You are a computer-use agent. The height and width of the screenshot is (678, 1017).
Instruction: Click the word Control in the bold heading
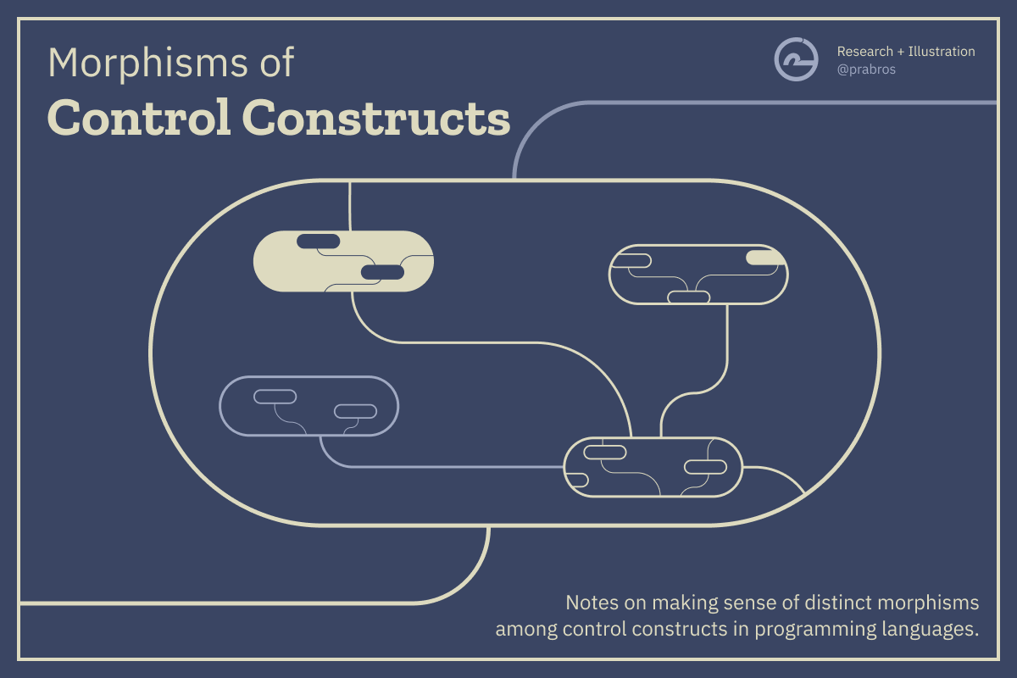[139, 118]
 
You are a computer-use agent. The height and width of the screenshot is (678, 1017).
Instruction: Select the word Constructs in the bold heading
[376, 118]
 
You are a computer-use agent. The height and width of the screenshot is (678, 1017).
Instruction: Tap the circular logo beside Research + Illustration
[796, 59]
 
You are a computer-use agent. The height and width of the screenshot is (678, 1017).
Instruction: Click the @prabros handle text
[866, 69]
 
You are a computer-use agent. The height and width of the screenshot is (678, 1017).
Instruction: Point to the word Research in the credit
[865, 52]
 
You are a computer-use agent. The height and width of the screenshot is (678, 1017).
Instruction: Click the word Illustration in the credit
[942, 52]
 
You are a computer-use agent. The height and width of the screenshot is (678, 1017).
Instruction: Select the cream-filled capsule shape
[343, 261]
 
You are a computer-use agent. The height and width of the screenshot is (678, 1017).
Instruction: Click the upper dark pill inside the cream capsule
[319, 242]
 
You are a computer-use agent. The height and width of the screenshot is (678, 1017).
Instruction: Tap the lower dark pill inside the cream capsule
[382, 273]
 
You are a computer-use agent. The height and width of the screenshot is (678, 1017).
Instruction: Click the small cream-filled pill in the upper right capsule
[765, 258]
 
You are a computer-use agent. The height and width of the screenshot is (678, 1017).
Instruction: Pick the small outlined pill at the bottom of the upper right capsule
[689, 297]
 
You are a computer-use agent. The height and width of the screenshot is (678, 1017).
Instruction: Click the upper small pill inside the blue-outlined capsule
[275, 397]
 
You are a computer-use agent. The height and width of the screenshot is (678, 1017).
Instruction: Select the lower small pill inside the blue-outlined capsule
[355, 411]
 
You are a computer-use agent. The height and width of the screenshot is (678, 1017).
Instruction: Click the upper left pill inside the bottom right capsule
[605, 453]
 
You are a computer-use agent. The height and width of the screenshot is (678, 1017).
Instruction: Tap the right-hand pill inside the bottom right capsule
[705, 467]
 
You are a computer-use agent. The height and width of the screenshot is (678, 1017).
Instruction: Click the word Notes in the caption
[592, 603]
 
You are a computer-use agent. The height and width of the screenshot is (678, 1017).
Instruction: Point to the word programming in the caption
[815, 631]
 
